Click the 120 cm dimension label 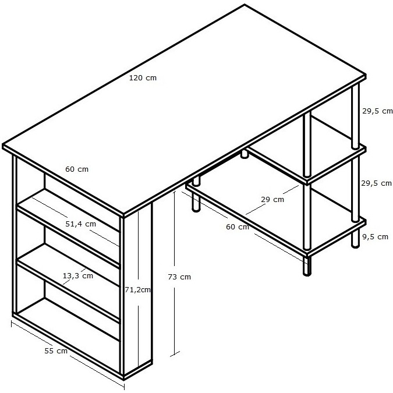point(143,78)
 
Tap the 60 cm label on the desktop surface point(77,169)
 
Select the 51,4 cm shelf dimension point(81,224)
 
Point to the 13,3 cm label point(77,276)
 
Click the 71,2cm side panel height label point(137,290)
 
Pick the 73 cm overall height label point(179,277)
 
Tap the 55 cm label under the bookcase point(56,351)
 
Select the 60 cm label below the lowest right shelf point(238,227)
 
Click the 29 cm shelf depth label point(272,200)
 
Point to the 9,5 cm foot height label point(375,237)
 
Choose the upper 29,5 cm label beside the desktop point(377,111)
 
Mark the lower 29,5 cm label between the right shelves point(377,183)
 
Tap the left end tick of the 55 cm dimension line point(12,324)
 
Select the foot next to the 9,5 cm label point(355,240)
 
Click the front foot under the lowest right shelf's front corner point(307,266)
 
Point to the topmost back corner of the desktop point(245,5)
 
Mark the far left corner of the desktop point(3,145)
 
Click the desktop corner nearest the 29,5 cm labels point(365,75)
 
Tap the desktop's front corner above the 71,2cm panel point(123,214)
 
